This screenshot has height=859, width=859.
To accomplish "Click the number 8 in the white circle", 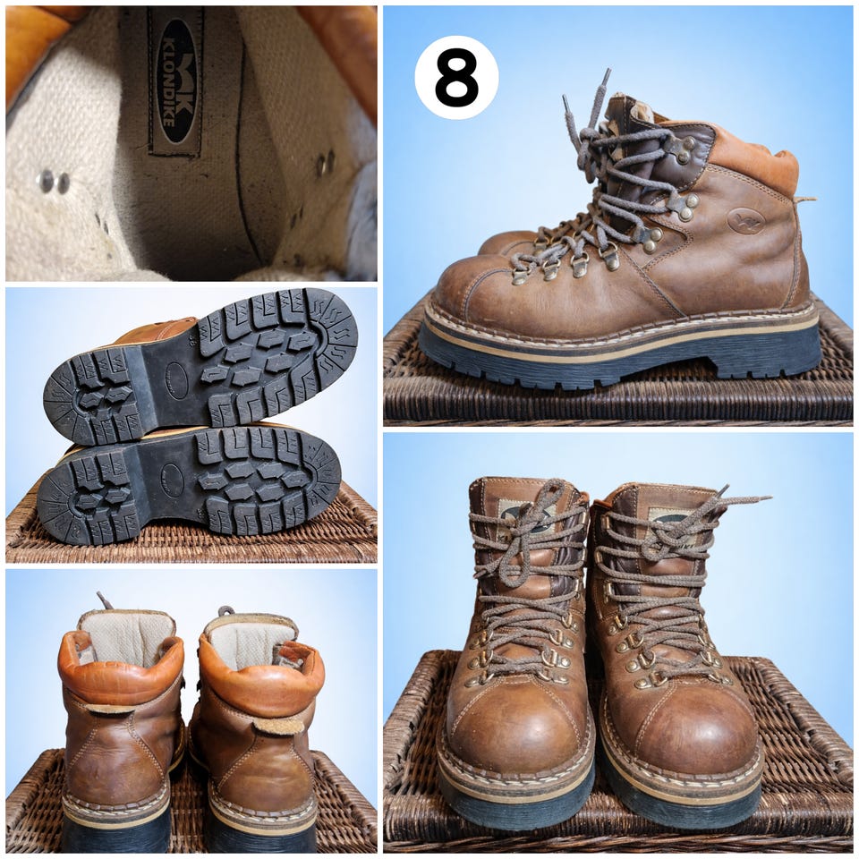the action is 456,77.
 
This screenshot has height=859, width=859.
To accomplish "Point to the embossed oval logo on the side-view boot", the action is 745,220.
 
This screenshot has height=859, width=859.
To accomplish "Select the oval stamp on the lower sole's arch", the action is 172,481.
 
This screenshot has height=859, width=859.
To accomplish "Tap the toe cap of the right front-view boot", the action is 696,727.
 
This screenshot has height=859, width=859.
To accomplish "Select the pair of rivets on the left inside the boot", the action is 54,181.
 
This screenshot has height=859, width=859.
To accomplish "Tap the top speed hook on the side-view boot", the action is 684,147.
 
